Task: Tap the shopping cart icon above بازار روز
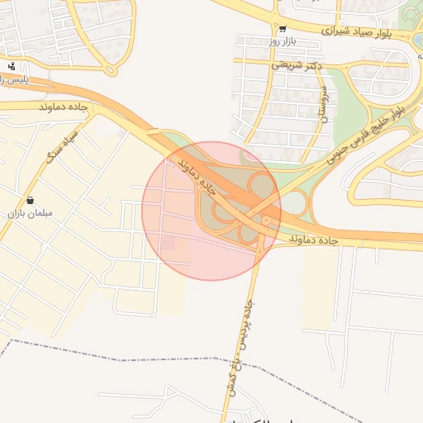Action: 283,28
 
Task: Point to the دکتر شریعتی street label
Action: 295,64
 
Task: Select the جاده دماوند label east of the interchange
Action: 315,240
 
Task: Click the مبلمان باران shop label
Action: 31,213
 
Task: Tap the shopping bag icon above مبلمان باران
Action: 30,200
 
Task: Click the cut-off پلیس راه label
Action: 12,79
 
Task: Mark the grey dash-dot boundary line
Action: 165,360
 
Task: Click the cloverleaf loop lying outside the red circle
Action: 295,202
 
